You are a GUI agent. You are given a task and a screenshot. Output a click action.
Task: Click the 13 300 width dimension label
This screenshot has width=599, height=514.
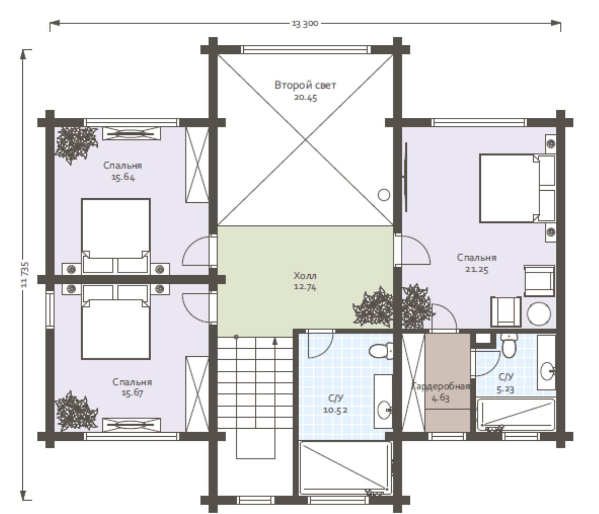coord(305,24)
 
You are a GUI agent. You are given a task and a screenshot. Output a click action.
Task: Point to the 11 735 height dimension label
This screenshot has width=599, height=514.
coord(25,274)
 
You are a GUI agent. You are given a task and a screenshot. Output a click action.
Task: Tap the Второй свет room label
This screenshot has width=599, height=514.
coord(305,85)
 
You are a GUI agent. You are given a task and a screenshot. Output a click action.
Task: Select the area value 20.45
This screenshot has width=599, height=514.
coord(305,98)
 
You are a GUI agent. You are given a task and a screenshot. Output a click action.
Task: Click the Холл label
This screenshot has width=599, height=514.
coord(305,275)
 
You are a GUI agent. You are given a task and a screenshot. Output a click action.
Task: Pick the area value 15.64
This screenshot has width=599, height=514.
coord(123,177)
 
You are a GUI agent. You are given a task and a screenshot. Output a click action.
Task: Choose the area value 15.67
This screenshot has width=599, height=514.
coord(132,393)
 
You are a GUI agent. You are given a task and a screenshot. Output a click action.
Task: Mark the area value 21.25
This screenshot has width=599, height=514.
coord(477,269)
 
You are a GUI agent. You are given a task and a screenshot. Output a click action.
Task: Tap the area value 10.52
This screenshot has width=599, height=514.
coord(335,410)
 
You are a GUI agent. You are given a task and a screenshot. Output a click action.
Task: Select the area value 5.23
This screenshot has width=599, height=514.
coord(505,389)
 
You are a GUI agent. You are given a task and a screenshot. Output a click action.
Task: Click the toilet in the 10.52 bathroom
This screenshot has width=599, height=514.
coord(381,351)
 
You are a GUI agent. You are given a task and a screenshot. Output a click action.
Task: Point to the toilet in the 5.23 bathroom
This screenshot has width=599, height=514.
coord(509,345)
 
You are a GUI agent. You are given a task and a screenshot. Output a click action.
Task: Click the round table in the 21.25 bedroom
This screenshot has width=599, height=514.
coord(539,314)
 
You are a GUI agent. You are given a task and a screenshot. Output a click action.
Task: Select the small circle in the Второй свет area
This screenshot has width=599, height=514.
coord(384,195)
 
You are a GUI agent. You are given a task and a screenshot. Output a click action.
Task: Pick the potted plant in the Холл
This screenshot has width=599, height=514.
coord(373,307)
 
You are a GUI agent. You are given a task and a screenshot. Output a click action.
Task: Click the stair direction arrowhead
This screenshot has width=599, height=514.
coord(275,341)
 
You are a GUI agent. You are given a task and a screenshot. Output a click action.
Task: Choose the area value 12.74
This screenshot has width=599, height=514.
coord(305,287)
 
